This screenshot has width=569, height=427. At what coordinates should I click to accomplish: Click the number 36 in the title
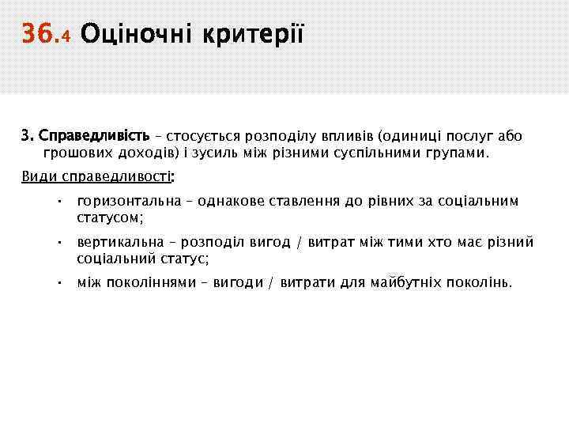point(38,33)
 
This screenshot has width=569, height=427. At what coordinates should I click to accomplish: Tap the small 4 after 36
point(66,36)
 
